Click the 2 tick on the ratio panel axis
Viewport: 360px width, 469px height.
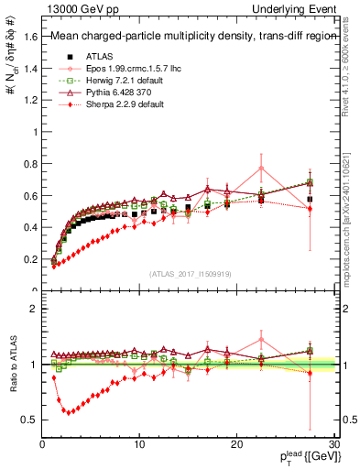point(32,309)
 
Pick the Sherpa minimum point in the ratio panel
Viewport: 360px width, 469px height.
point(66,411)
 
